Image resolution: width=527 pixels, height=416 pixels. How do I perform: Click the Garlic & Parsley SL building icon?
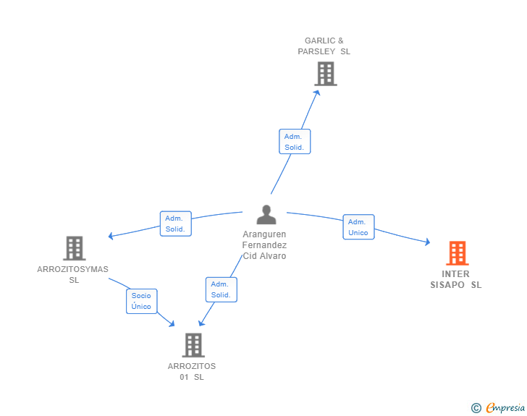[x=326, y=74]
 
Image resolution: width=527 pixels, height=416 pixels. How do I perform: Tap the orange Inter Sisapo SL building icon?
[x=457, y=253]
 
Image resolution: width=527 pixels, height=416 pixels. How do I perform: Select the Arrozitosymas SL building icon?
[x=74, y=248]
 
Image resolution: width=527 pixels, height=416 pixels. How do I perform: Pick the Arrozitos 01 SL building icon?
[x=193, y=345]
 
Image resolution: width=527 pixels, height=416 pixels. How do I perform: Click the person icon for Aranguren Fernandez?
[x=266, y=215]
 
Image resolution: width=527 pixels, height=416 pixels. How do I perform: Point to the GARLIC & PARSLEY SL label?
[x=324, y=46]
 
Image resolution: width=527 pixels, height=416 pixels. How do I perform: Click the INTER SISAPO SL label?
[x=456, y=279]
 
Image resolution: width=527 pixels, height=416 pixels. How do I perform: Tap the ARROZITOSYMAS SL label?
[x=73, y=274]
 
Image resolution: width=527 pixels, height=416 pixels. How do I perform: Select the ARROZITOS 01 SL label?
[x=192, y=371]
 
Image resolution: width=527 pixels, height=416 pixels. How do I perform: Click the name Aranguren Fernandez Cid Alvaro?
[x=264, y=245]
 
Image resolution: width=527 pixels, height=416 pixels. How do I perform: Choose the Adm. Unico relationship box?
[x=358, y=227]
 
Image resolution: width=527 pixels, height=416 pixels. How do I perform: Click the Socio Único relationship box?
[x=141, y=301]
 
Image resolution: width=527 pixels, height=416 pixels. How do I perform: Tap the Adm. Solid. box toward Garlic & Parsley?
[x=295, y=142]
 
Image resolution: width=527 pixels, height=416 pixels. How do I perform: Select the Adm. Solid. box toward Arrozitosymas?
[x=175, y=224]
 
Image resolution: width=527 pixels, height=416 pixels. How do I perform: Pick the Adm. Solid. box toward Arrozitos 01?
[x=221, y=289]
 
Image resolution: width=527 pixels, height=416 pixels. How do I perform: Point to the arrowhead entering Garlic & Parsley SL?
[x=316, y=92]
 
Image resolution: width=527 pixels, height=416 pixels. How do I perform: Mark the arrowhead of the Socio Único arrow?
[x=172, y=325]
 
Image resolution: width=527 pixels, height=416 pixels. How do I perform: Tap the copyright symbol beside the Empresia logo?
[x=476, y=408]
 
